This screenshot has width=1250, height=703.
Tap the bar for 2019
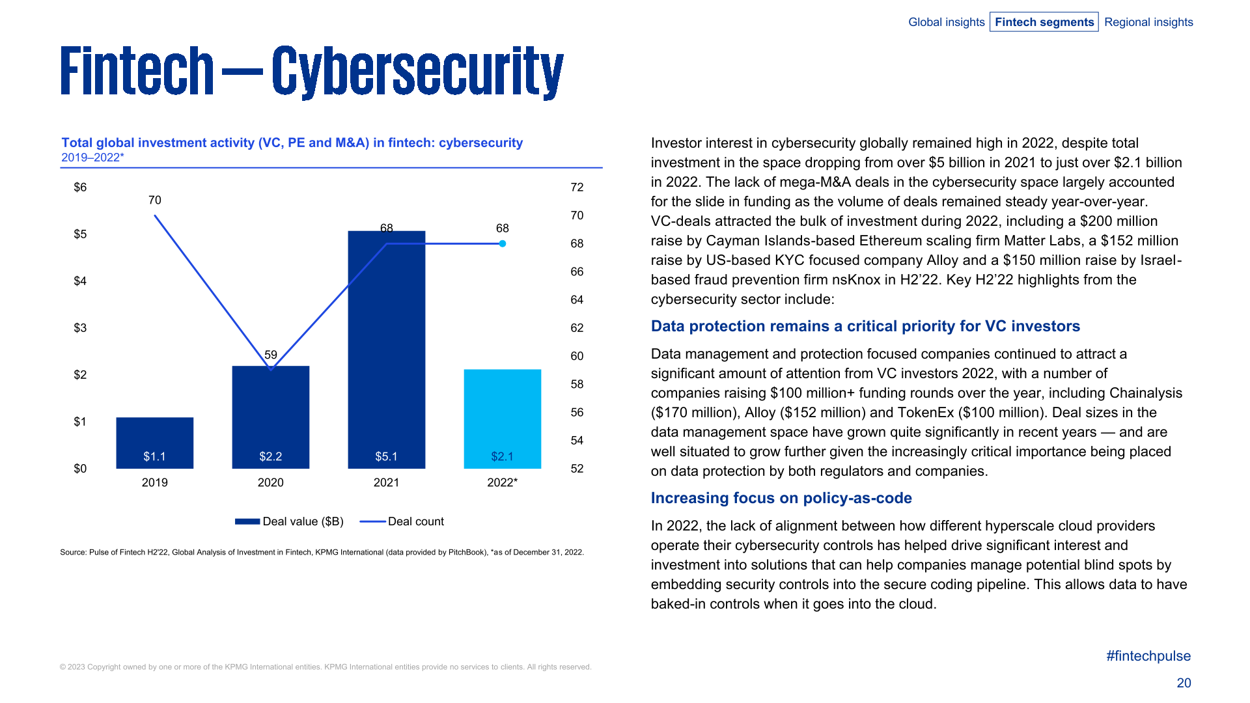click(x=154, y=443)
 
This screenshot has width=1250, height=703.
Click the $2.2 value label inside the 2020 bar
click(x=270, y=456)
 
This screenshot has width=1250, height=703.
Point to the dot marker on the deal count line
click(x=503, y=243)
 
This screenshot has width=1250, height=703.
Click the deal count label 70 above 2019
click(x=154, y=200)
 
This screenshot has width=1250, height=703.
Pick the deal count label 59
click(x=270, y=355)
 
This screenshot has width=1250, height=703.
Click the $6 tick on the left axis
click(x=80, y=187)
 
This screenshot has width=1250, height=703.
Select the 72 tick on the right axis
click(x=577, y=187)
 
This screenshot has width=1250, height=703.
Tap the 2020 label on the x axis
click(x=270, y=482)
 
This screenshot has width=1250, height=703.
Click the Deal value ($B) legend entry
click(x=290, y=521)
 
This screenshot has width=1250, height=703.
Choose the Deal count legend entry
click(x=402, y=521)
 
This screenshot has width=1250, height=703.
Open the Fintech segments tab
click(x=1044, y=22)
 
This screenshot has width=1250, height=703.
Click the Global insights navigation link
click(x=946, y=22)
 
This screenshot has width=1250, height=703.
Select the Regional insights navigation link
click(x=1148, y=22)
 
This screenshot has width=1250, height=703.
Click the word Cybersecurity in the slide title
click(x=417, y=72)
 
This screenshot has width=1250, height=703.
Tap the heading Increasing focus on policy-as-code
click(x=781, y=498)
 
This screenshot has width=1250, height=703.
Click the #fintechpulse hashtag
click(x=1148, y=656)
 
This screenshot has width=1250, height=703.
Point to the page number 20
click(x=1184, y=683)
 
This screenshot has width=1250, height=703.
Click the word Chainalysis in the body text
click(x=1145, y=393)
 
